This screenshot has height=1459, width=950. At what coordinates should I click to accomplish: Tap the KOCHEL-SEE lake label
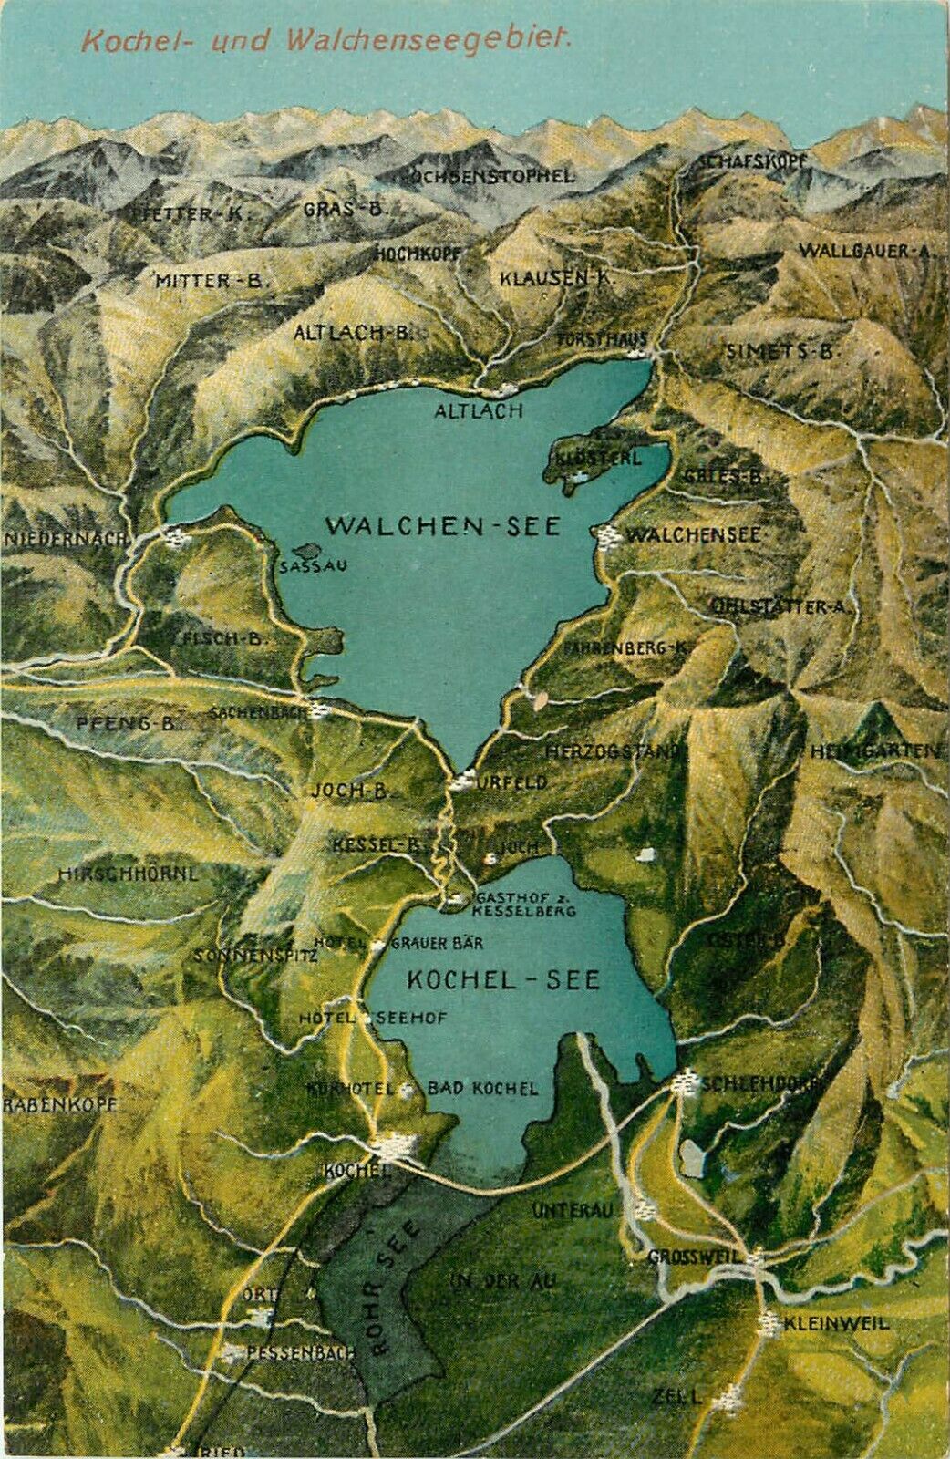click(503, 979)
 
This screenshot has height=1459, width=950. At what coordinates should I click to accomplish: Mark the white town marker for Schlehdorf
click(684, 1083)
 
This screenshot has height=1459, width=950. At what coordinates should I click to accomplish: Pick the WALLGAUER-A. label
click(863, 251)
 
